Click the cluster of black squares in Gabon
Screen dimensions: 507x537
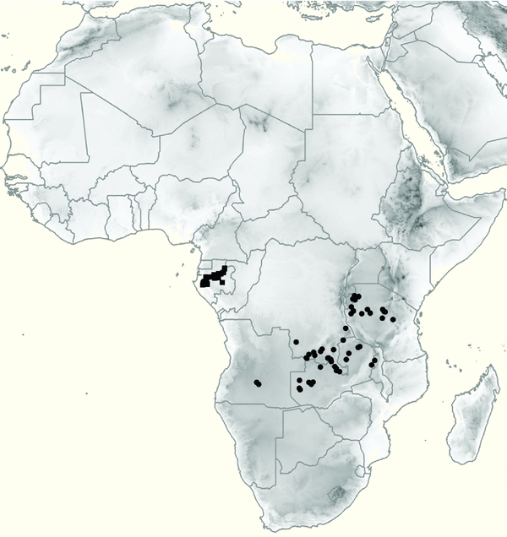tap(212, 278)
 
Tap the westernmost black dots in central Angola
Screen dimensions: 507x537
tap(258, 384)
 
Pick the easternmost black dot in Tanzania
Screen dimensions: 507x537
tap(393, 319)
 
